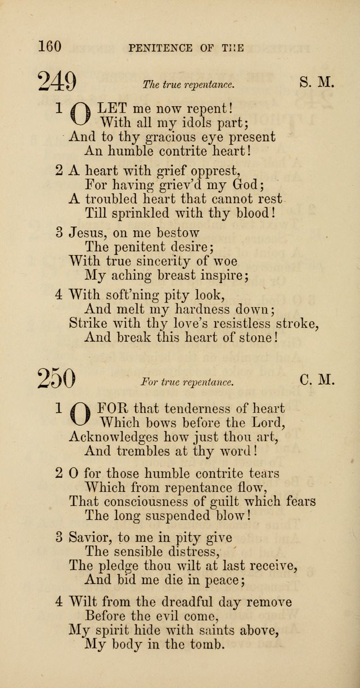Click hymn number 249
click(57, 82)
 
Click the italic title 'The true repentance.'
click(188, 85)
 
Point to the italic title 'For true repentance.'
click(187, 382)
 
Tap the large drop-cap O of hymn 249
click(80, 113)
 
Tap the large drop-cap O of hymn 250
click(80, 414)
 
